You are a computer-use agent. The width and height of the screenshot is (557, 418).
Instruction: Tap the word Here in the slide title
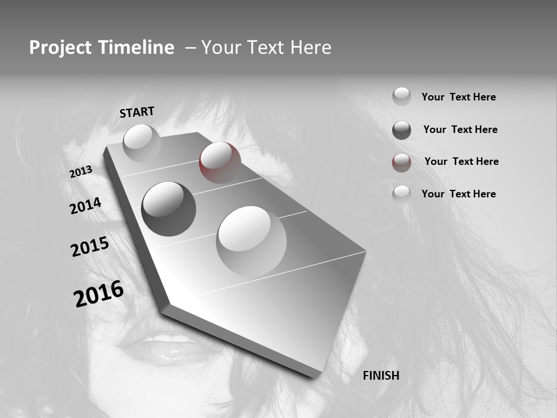click(311, 48)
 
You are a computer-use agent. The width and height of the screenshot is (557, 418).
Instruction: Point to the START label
click(137, 112)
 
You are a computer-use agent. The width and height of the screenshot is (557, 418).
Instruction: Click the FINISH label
click(381, 376)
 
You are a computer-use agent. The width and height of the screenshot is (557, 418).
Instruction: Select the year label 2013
click(81, 172)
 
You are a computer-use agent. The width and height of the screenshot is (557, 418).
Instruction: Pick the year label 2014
click(85, 206)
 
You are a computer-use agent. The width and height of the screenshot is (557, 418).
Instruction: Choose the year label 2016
click(99, 294)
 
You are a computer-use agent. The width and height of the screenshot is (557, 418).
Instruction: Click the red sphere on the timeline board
click(220, 162)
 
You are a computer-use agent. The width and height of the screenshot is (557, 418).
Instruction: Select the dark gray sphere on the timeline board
click(168, 209)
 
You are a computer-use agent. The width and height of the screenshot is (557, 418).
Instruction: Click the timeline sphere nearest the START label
click(142, 143)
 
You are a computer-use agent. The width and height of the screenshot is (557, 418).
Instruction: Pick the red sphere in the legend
click(402, 163)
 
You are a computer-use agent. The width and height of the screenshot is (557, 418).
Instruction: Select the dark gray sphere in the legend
click(402, 130)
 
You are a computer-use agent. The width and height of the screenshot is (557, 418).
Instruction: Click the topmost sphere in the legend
click(402, 96)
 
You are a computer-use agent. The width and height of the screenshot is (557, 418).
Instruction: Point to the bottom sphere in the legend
click(402, 194)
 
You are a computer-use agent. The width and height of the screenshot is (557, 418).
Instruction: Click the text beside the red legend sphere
click(461, 161)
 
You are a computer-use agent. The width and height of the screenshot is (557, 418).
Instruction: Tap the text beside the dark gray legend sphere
click(460, 129)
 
